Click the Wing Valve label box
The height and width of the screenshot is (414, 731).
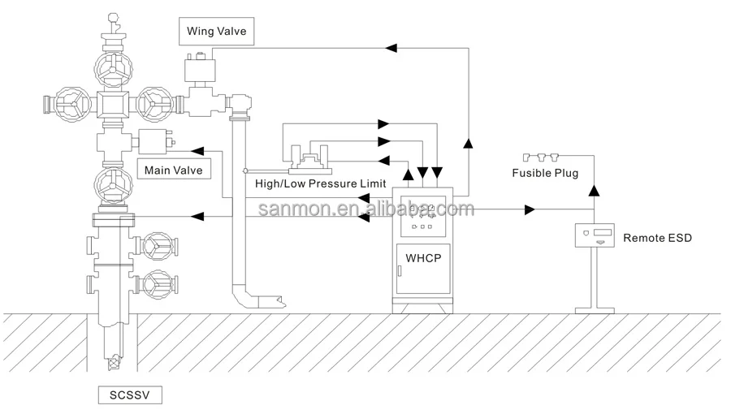coord(216,32)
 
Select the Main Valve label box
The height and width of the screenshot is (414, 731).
coord(173,170)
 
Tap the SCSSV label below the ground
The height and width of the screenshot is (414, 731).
coord(130,395)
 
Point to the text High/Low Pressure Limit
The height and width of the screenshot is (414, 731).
coord(320,184)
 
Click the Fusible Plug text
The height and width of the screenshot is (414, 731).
coord(544,173)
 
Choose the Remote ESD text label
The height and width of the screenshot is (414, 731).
coord(659,238)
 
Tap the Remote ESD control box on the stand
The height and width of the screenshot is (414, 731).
coord(594,235)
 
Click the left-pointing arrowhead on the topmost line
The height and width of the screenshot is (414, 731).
coord(391,49)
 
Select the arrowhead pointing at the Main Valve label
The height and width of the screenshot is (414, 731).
coord(197,151)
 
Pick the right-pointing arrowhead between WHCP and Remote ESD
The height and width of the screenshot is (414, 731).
coord(530,210)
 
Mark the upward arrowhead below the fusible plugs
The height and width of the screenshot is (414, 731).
coord(594,190)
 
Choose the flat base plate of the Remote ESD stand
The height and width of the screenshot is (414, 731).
coord(594,310)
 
